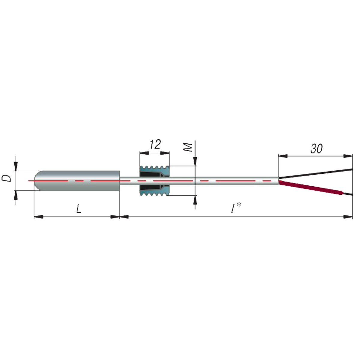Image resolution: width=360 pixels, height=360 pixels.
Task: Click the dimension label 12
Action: pos(155,144)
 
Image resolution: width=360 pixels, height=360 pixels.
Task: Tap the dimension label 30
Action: pos(316,149)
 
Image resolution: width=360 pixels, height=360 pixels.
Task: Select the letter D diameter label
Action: pos(6,178)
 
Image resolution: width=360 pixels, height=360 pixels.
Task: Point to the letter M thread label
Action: pos(187,147)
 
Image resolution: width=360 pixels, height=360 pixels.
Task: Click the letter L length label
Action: pos(79,208)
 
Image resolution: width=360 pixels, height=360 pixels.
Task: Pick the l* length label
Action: pos(236,208)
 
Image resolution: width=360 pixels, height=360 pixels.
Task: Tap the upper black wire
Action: pos(316,174)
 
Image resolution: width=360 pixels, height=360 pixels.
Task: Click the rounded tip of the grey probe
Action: pos(37,181)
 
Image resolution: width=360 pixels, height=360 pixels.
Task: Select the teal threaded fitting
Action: pos(154,181)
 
